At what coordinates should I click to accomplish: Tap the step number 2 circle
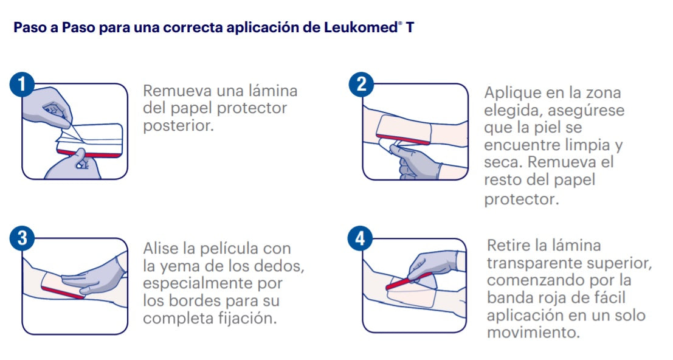361,85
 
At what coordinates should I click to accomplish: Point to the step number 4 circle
361,240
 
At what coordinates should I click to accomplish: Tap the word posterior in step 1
178,125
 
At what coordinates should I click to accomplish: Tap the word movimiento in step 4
533,333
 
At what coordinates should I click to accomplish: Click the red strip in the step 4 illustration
406,282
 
